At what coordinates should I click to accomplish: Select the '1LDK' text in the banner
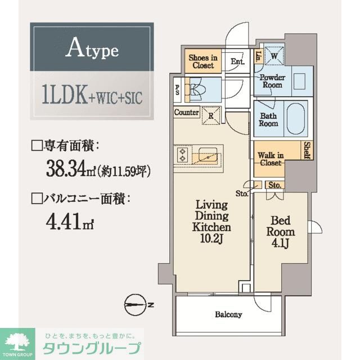pos(64,96)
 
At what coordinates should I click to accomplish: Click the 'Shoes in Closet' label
pos(202,61)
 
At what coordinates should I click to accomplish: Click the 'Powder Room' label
pos(272,81)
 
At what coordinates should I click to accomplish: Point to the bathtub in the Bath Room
pos(296,118)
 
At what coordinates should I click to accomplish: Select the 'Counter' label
pos(186,112)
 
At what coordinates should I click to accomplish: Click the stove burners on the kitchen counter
pos(183,155)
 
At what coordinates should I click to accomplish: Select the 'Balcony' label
pos(228,314)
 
